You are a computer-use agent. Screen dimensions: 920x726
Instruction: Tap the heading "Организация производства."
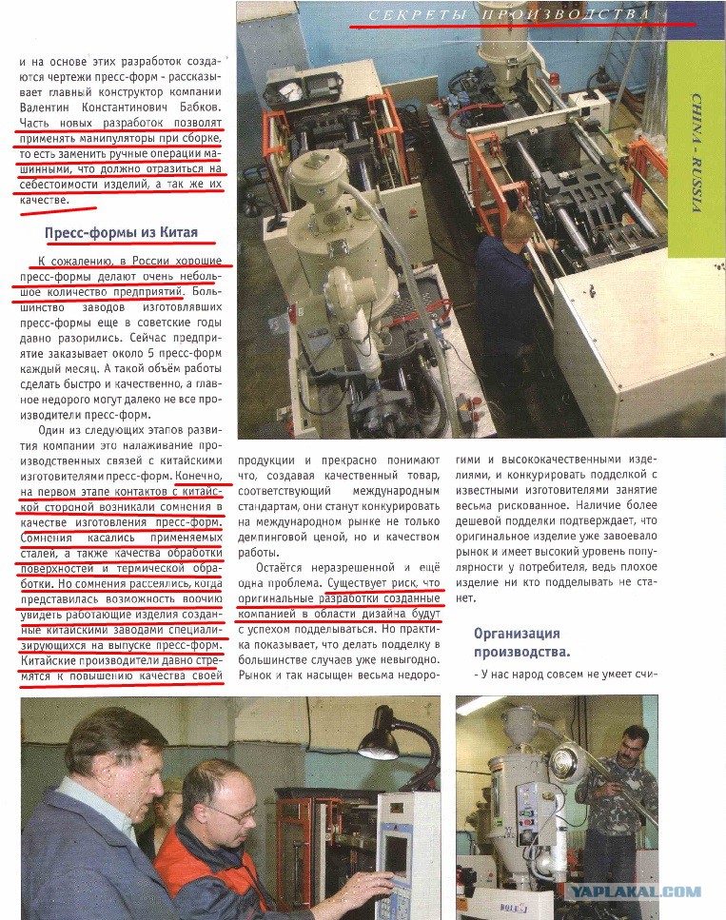[517, 643]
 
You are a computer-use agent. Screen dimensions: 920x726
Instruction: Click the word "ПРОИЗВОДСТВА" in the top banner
[566, 15]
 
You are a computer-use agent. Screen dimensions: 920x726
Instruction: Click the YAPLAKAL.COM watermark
[637, 892]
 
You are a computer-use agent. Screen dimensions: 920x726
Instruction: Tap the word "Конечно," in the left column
[198, 474]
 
